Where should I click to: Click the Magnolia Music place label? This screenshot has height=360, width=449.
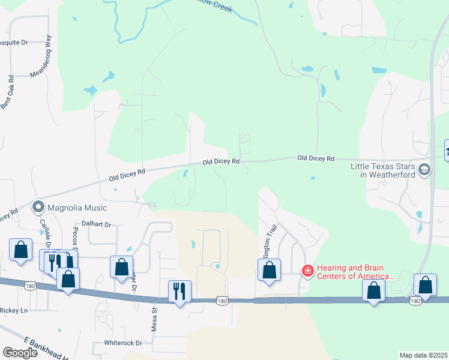pyautogui.click(x=77, y=208)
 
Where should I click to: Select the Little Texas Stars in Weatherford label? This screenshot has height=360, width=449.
pyautogui.click(x=384, y=170)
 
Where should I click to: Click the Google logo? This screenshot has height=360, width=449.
pyautogui.click(x=20, y=353)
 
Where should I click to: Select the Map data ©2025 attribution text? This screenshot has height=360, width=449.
pyautogui.click(x=423, y=355)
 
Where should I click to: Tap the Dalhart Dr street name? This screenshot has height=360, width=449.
pyautogui.click(x=100, y=224)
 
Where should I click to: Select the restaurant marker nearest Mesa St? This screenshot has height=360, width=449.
pyautogui.click(x=179, y=292)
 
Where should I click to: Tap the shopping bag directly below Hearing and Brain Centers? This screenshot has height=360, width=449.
pyautogui.click(x=373, y=291)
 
